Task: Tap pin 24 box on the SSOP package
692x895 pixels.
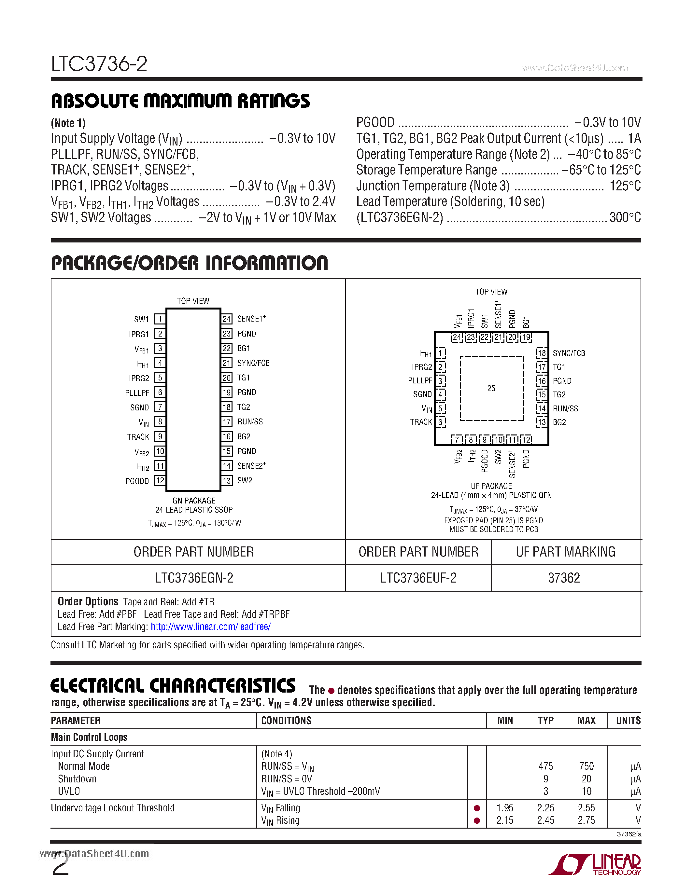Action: point(227,319)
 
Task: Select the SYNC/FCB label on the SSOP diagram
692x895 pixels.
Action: point(253,363)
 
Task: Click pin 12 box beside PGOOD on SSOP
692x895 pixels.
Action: point(160,481)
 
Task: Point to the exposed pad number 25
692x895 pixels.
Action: point(491,388)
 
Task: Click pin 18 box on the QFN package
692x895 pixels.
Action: point(542,353)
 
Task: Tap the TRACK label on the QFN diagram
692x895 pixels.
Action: point(421,422)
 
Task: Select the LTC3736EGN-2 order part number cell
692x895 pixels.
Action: point(194,578)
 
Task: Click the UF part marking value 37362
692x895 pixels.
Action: point(564,578)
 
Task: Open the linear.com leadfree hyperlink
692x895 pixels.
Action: point(210,626)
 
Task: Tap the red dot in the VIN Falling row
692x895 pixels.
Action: point(477,808)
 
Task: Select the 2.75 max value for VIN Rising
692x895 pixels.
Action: point(586,820)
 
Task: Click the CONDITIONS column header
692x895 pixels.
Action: point(286,721)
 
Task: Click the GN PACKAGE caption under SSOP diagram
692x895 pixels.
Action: point(193,501)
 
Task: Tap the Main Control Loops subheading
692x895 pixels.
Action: point(89,737)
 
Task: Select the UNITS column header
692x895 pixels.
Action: point(628,721)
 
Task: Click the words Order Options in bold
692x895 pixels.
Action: point(88,601)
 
